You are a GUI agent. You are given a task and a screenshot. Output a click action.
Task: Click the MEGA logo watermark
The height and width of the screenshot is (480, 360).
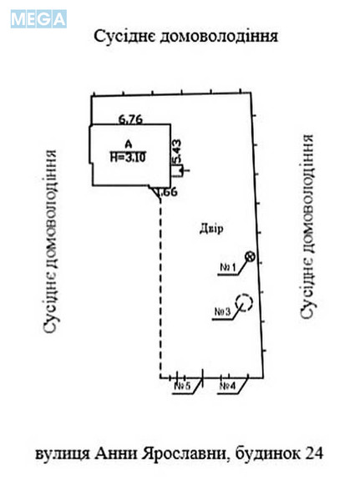pyautogui.click(x=38, y=19)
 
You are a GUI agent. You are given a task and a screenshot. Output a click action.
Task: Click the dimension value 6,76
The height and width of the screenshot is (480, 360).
pyautogui.click(x=130, y=119)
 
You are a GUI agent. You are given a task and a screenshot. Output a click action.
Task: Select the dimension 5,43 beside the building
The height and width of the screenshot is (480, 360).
pyautogui.click(x=177, y=151)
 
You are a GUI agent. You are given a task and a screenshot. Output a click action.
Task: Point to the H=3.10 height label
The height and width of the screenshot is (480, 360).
pyautogui.click(x=128, y=157)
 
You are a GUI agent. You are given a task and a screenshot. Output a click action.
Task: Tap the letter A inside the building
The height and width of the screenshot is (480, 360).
pyautogui.click(x=129, y=144)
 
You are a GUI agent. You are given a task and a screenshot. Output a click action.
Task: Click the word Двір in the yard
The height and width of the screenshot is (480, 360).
pyautogui.click(x=211, y=229)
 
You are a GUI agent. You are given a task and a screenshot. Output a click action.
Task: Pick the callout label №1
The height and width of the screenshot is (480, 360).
pyautogui.click(x=228, y=267)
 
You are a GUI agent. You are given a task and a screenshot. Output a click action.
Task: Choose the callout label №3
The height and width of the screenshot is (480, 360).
pyautogui.click(x=222, y=311)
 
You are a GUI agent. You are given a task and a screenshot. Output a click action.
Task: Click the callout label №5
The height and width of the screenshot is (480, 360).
pyautogui.click(x=182, y=386)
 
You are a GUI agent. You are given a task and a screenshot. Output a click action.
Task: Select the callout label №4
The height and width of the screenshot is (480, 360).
pyautogui.click(x=228, y=386)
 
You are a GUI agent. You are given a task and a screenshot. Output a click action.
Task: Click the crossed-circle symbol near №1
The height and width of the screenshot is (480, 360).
pyautogui.click(x=251, y=256)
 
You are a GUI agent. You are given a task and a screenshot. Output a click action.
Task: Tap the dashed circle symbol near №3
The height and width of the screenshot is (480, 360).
pyautogui.click(x=244, y=302)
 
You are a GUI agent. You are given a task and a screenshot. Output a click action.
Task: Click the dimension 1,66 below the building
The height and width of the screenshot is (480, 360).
pyautogui.click(x=167, y=192)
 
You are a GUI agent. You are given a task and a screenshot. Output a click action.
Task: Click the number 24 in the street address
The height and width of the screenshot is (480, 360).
pyautogui.click(x=313, y=453)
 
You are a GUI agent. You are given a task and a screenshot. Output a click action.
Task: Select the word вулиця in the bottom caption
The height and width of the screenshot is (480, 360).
pyautogui.click(x=62, y=454)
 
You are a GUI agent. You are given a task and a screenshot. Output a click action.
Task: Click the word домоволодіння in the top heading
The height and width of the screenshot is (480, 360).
pyautogui.click(x=219, y=37)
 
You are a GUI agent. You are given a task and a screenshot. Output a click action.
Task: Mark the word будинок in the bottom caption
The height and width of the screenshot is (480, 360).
pyautogui.click(x=268, y=453)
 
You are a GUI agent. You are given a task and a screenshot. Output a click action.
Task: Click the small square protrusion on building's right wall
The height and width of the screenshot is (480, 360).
pyautogui.click(x=179, y=171)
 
